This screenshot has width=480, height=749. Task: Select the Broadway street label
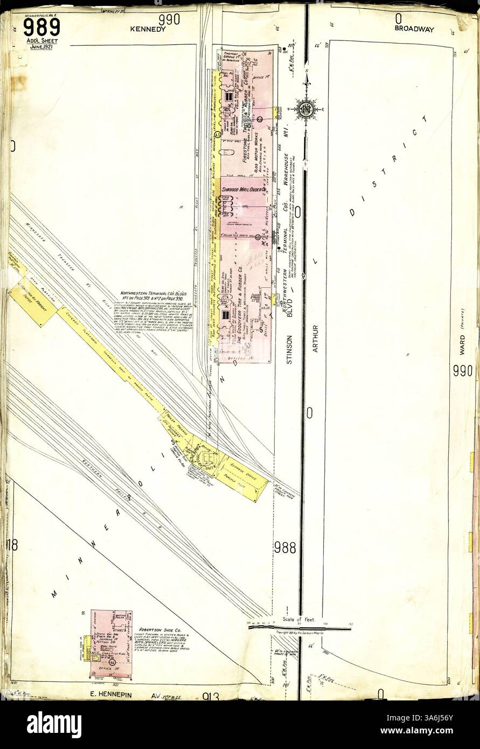[x=414, y=29]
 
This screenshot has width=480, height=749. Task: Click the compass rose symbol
[x=306, y=108]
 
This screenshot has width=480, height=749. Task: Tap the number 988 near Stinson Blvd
[x=284, y=547]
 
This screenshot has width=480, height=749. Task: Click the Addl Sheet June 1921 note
[x=41, y=44]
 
